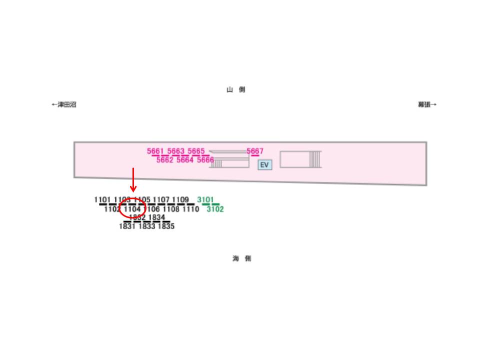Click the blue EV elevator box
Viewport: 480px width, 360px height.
click(x=264, y=165)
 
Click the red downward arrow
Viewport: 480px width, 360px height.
click(x=133, y=180)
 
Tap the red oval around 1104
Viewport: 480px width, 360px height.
click(x=132, y=209)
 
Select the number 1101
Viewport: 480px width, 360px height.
click(x=102, y=200)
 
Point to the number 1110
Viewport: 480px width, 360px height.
click(x=190, y=209)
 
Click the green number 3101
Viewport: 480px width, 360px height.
click(x=205, y=200)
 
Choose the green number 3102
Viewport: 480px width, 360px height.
click(x=215, y=209)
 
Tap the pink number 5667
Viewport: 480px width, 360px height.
click(x=255, y=151)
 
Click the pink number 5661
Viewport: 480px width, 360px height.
click(x=155, y=151)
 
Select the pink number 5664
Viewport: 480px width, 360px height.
click(x=185, y=160)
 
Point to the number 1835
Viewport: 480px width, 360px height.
click(x=166, y=226)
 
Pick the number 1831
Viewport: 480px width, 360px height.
click(x=127, y=226)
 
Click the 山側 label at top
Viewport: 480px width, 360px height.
click(x=236, y=90)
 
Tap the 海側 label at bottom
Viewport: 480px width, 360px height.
click(x=241, y=258)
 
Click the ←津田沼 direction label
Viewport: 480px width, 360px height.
click(x=64, y=105)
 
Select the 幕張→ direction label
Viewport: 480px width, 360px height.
click(x=427, y=105)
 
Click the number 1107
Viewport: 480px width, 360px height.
click(x=161, y=200)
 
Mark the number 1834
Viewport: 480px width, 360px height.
click(x=156, y=217)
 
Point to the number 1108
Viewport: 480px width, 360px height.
click(x=171, y=209)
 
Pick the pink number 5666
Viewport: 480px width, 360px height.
click(x=205, y=160)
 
